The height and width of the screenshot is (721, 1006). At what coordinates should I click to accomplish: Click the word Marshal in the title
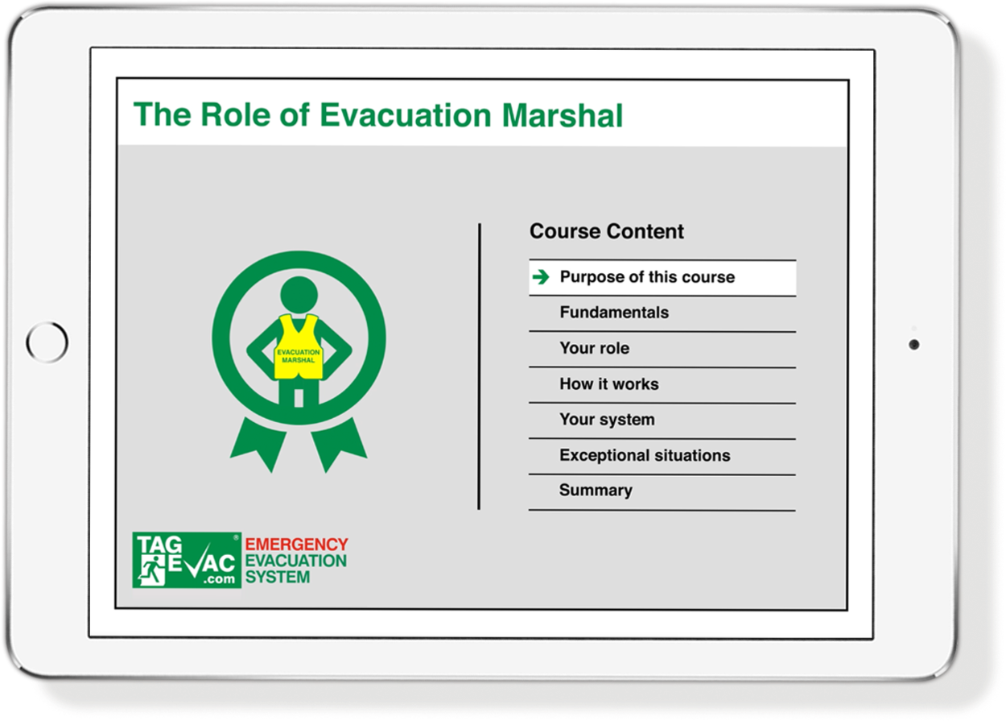point(563,115)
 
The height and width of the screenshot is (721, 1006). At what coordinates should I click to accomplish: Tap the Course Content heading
point(606,231)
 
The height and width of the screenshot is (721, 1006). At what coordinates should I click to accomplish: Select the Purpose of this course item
point(647,277)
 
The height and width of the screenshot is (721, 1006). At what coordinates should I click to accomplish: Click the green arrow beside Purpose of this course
point(541,277)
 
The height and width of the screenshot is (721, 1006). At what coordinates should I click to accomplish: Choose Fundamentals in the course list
point(614,313)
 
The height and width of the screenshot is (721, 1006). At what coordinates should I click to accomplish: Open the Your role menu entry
point(594,348)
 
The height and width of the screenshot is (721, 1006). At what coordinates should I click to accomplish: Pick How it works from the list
point(609,384)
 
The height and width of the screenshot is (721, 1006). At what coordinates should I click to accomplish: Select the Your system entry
point(607,420)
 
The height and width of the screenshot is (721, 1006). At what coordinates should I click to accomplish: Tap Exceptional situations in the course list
point(645,455)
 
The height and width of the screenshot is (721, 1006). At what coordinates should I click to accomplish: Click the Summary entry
point(596,491)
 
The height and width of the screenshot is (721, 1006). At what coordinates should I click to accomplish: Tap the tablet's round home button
point(47,342)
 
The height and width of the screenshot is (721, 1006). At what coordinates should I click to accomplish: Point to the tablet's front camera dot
point(913,345)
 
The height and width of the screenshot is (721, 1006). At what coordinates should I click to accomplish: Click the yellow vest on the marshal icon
point(299,347)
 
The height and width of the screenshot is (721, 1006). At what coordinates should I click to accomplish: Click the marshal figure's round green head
point(299,295)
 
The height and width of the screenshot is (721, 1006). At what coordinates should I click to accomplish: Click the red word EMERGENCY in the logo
point(296,545)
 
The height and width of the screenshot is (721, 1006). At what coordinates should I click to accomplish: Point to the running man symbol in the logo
point(151,571)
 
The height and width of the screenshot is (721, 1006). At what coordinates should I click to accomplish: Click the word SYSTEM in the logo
point(278,577)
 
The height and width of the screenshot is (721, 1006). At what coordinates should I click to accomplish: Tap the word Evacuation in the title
point(406,115)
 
